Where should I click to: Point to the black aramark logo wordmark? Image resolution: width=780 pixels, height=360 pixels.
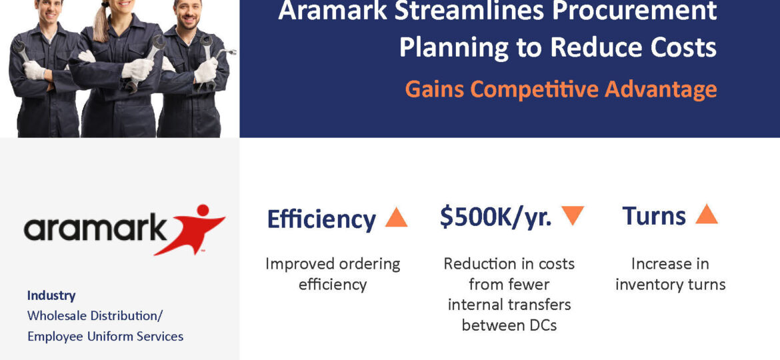point(95,228)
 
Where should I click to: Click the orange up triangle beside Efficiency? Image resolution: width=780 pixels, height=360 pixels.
point(396,217)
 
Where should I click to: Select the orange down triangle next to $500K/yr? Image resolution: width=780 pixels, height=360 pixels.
point(573,215)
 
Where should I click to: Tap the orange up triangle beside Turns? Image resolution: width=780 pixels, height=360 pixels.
point(707,214)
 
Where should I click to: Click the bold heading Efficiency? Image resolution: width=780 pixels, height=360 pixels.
point(321,219)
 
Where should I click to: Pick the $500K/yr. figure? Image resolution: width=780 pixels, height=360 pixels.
point(495,216)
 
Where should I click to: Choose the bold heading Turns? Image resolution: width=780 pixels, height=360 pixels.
point(653,215)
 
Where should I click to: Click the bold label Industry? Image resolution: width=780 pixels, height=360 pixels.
point(51,295)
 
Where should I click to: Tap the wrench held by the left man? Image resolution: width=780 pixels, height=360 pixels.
point(21,50)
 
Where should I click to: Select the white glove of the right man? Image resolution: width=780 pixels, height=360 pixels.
point(206,70)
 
